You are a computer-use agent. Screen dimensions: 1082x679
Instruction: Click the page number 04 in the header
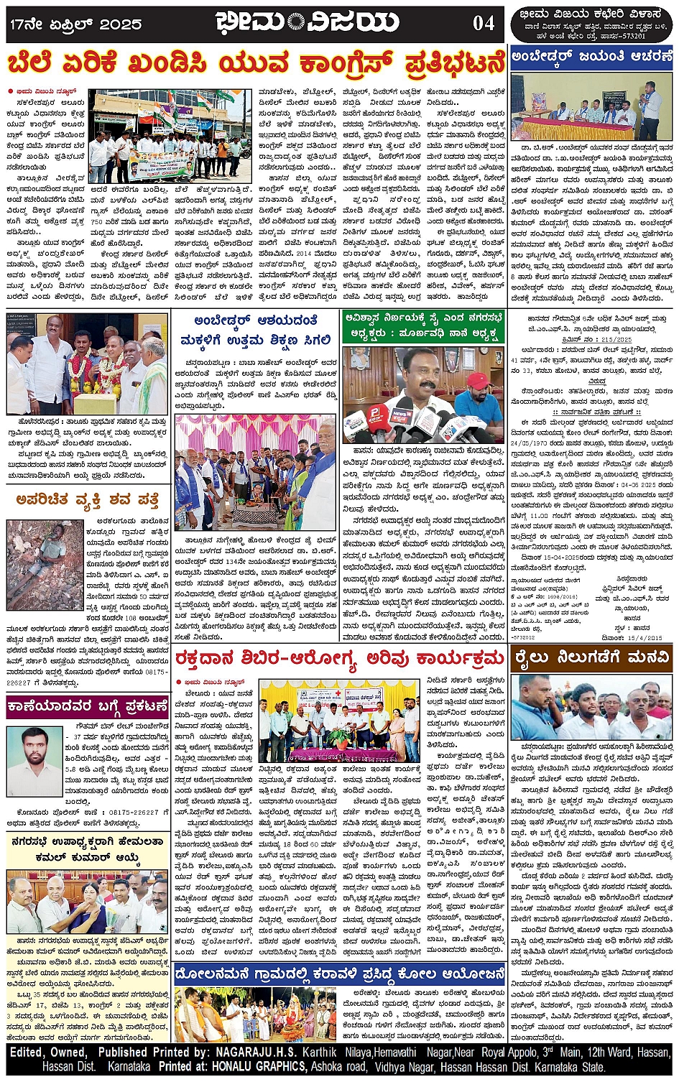point(483,24)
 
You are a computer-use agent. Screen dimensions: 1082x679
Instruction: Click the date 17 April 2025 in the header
point(75,24)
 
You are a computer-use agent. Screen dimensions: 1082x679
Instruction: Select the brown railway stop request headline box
point(591,657)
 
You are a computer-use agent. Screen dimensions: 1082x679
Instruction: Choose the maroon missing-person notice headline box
point(87,708)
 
